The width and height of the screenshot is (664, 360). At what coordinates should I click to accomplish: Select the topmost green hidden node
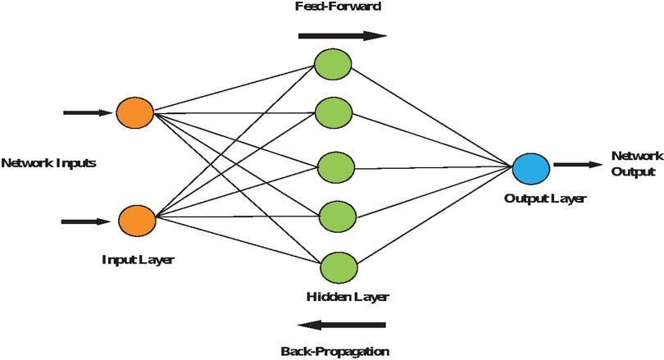(334, 65)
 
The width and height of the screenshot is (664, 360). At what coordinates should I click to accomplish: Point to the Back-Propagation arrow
(341, 324)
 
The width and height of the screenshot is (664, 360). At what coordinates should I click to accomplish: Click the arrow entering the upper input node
(87, 112)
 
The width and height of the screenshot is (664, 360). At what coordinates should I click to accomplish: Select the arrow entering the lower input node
(87, 221)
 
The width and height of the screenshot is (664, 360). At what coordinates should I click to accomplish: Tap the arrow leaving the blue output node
(577, 165)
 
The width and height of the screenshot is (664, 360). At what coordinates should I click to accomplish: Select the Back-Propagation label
(334, 351)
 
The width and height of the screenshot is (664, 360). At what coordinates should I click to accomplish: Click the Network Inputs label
(49, 162)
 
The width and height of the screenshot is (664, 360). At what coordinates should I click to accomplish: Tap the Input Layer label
(138, 260)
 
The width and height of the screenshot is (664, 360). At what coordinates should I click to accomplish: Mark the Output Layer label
(535, 198)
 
